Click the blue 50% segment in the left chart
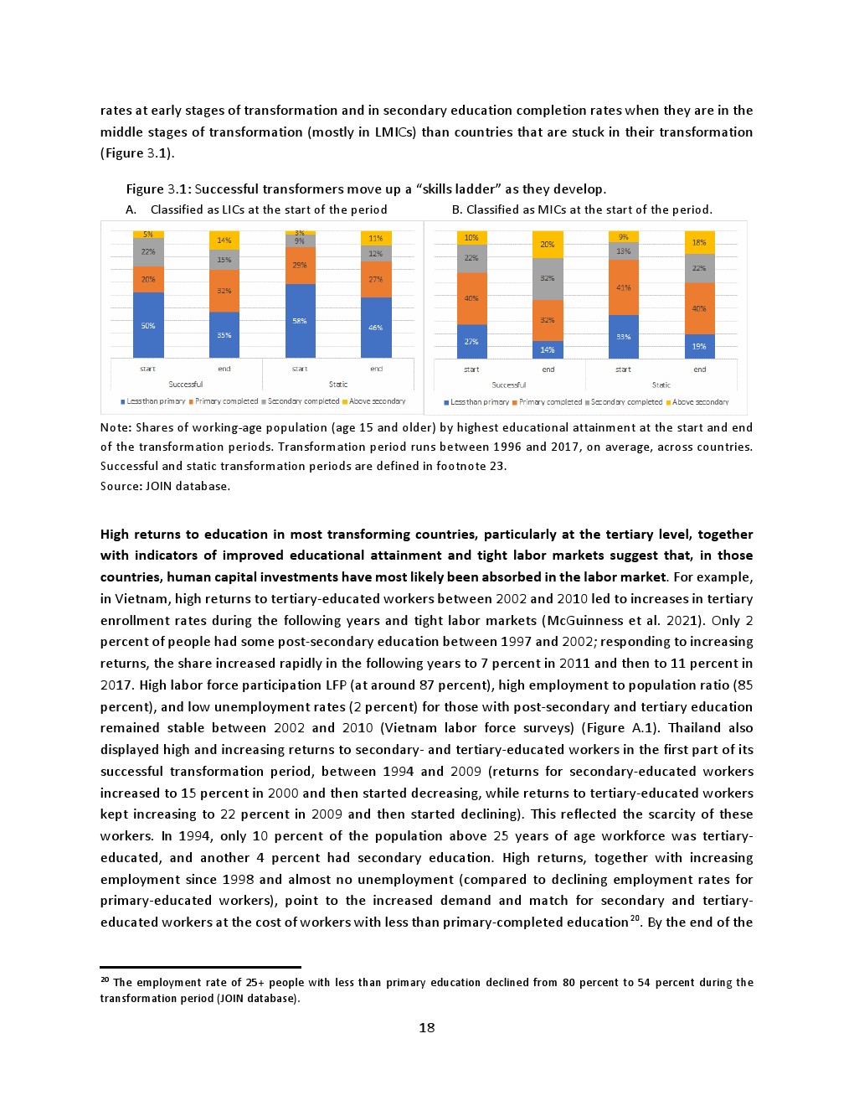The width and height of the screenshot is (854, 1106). pos(148,325)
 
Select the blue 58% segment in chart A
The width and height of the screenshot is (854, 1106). pos(300,321)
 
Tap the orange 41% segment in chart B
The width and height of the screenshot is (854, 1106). pos(624,287)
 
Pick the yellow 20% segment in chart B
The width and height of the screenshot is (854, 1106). pos(548,244)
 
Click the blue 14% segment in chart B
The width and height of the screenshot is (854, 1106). pos(548,349)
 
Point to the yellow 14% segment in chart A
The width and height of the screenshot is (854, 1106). pos(224,240)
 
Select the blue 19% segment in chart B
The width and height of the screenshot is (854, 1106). pos(699,346)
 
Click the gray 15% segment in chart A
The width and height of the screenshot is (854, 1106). pos(224,260)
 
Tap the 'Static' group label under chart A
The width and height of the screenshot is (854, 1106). pos(338,385)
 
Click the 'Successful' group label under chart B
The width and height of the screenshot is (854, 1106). pos(509,385)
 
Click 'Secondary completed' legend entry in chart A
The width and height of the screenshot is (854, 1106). pos(303,401)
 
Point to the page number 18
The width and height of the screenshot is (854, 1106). pos(427,1028)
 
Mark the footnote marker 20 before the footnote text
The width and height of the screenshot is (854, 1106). pos(105,979)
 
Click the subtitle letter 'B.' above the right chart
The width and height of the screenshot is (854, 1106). pos(457,209)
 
